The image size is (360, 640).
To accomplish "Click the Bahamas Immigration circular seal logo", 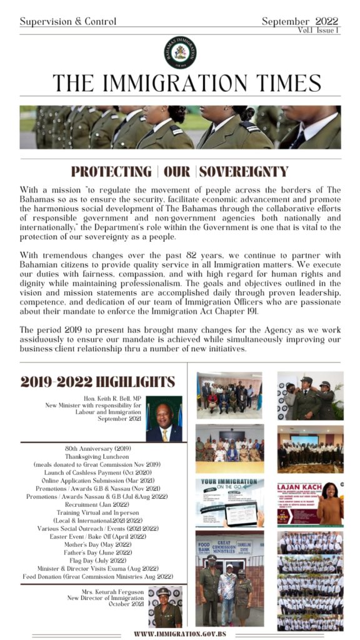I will pyautogui.click(x=180, y=52).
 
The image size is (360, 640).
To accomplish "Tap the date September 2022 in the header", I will pyautogui.click(x=300, y=21).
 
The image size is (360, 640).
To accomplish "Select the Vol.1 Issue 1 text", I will pyautogui.click(x=319, y=30).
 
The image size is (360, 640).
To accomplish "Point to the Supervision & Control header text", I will pyautogui.click(x=68, y=21).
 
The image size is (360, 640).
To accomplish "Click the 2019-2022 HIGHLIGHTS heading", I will pyautogui.click(x=97, y=382).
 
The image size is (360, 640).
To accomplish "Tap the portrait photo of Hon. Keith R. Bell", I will pyautogui.click(x=164, y=419).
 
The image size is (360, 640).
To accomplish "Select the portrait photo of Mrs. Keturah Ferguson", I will pyautogui.click(x=165, y=606).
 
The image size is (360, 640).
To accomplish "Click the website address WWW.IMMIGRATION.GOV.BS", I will pyautogui.click(x=180, y=633).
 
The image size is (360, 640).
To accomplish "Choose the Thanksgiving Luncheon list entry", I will pyautogui.click(x=97, y=457).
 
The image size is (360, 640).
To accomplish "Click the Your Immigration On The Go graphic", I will pyautogui.click(x=229, y=502).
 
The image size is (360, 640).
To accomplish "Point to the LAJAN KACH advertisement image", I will pyautogui.click(x=310, y=502).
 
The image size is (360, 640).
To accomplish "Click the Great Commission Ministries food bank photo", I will pyautogui.click(x=229, y=579).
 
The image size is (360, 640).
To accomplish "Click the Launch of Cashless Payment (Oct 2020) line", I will pyautogui.click(x=97, y=472).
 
